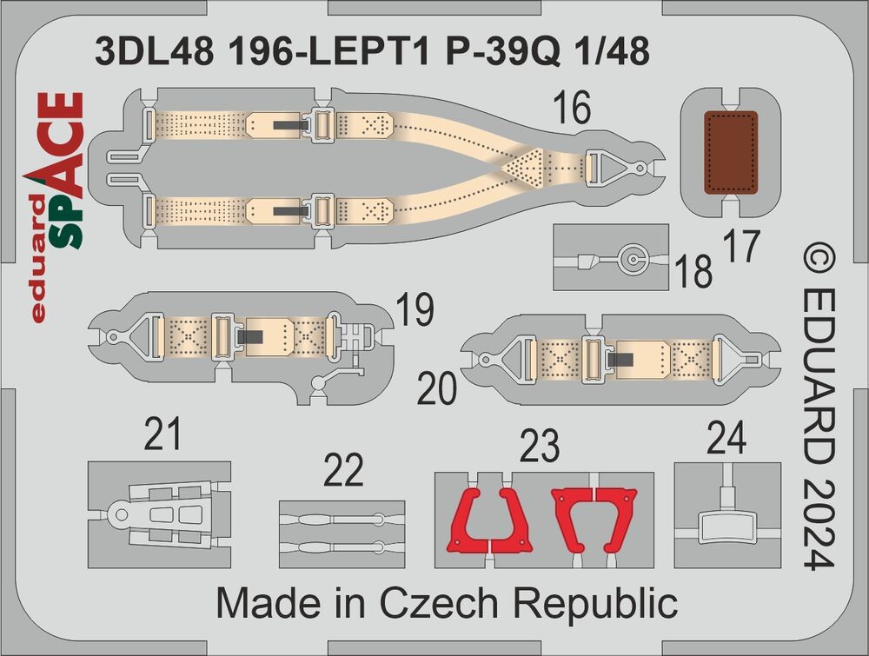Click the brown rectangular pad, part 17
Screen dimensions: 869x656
click(x=731, y=153)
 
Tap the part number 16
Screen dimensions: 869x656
click(x=572, y=109)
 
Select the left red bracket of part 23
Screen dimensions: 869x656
click(x=490, y=520)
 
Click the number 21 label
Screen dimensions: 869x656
click(x=163, y=434)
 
